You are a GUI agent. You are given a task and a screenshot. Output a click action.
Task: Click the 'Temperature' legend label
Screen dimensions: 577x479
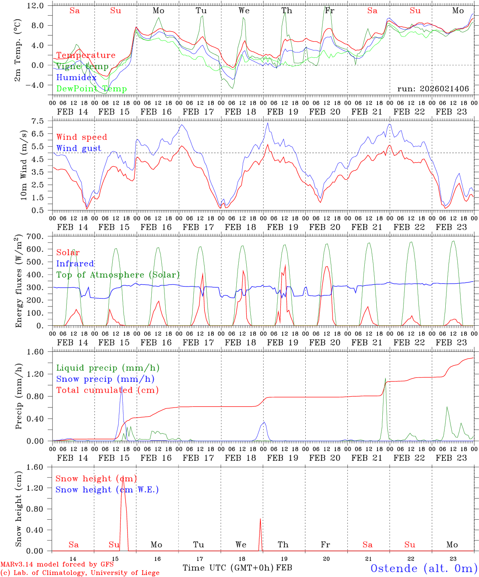[86, 55]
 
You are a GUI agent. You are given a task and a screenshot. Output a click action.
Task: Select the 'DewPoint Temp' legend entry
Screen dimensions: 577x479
[91, 89]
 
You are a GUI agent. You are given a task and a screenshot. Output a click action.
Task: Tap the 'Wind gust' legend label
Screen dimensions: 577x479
[79, 148]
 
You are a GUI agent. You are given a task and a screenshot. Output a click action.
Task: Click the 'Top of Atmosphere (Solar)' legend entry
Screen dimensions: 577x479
[118, 275]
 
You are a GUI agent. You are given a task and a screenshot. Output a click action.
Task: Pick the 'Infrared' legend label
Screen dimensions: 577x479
[75, 264]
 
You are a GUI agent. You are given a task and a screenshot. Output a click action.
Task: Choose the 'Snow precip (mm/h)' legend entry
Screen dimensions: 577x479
[105, 379]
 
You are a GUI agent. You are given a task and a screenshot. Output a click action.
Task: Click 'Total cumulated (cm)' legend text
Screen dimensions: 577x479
[107, 390]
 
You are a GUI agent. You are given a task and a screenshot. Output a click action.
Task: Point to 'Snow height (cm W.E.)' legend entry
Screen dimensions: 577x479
[107, 490]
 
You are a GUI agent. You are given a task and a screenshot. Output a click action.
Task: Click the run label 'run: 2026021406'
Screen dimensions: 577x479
[433, 89]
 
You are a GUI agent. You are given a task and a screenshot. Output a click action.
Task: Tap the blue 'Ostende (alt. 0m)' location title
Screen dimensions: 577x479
[424, 568]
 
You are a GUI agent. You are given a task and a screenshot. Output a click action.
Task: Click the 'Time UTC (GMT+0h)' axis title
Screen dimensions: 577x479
[228, 567]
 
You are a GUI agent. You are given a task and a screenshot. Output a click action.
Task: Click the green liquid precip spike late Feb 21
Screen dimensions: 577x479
[385, 379]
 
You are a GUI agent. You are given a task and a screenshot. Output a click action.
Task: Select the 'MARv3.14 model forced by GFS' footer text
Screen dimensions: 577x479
[57, 564]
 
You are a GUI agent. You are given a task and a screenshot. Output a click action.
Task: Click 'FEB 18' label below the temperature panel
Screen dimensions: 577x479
[240, 112]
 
